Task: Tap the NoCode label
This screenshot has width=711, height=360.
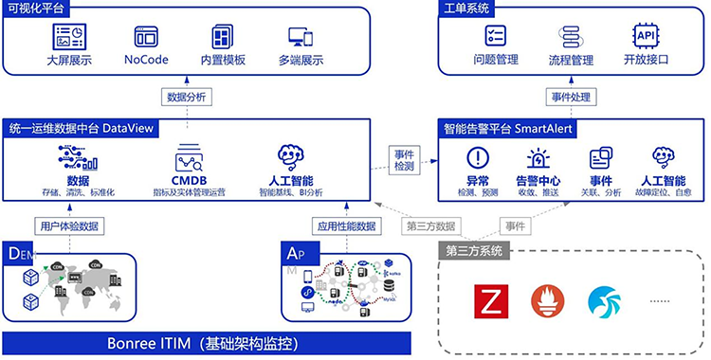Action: coord(146,60)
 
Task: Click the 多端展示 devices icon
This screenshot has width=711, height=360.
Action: coord(301,37)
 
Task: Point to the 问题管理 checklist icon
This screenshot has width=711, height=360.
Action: coord(495,35)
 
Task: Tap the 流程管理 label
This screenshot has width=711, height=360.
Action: coord(571,60)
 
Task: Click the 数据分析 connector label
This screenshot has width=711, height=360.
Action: coord(187,96)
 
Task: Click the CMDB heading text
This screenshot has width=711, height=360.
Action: coord(189,180)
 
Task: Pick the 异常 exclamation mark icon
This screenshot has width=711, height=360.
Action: coord(478,157)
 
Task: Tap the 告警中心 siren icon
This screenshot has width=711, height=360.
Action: coord(538,157)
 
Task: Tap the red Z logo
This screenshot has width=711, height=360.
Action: coord(490,300)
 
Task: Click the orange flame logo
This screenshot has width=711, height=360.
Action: coord(545,300)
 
